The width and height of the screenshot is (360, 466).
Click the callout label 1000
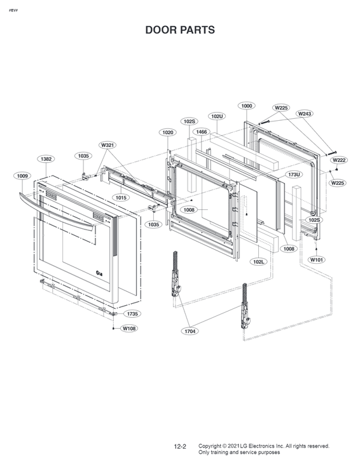coord(247,106)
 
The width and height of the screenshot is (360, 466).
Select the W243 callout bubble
coord(304,114)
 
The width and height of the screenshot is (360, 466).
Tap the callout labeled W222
coord(339,160)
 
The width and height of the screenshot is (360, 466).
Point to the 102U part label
coord(218,116)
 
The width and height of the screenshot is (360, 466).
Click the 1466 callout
coord(202,132)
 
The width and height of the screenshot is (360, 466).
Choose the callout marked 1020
coord(167,132)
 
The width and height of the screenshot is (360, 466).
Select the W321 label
coord(107,146)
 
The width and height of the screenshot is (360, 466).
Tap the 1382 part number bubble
coord(46,159)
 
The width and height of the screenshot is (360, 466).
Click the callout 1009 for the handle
coord(22,175)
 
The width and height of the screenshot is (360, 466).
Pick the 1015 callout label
coord(121,198)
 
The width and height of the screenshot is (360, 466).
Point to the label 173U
coord(294,174)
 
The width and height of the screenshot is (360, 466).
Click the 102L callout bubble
coord(258,261)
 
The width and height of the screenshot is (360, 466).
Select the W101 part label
coord(316,259)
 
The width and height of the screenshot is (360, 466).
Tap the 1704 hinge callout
coord(190,331)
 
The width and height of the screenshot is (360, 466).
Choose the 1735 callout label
coord(132,314)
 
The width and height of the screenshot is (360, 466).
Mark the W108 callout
coord(129,329)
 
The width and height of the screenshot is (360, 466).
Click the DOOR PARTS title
coord(180,30)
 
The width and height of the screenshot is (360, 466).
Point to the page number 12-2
coord(180,447)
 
